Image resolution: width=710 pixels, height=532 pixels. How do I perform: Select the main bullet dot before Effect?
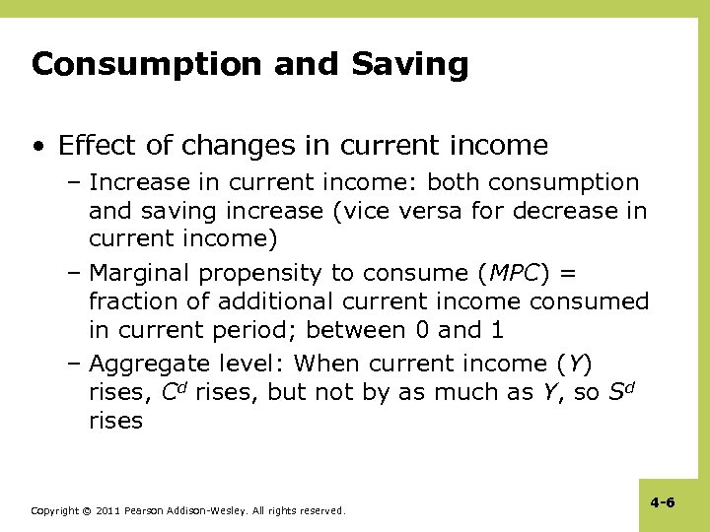37,147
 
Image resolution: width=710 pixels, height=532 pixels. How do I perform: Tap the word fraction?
132,301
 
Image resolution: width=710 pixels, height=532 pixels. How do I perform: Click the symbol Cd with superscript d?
173,391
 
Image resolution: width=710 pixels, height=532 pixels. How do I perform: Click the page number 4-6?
663,502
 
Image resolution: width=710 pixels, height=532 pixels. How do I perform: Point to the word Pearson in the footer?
150,511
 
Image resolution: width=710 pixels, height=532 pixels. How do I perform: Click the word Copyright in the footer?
55,511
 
